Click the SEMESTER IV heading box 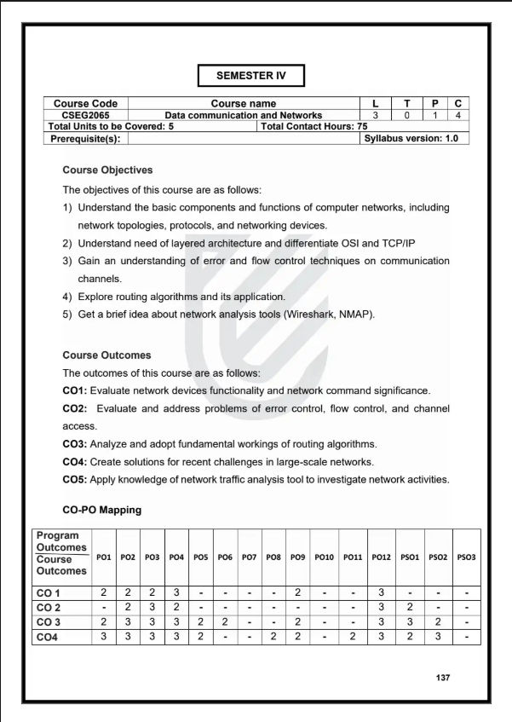point(250,75)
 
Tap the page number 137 point(442,678)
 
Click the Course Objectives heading point(107,170)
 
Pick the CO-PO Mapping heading point(102,510)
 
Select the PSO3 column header point(466,557)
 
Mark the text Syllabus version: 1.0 point(411,138)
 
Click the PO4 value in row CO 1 point(176,592)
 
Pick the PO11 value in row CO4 point(353,637)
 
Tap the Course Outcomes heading point(106,355)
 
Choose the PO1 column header point(104,557)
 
